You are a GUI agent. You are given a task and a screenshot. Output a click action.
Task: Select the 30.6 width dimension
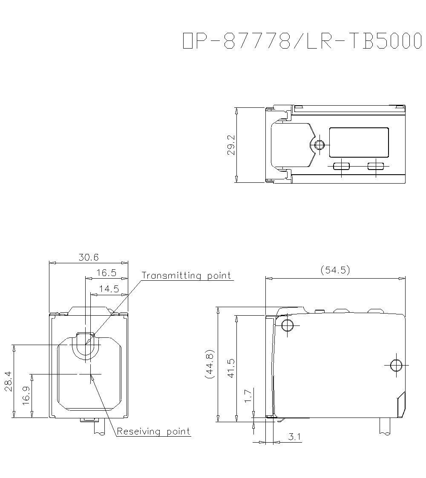[89, 257]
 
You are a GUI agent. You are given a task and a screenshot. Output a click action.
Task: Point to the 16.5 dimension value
[106, 273]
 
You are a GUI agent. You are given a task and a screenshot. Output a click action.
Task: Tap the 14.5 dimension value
[109, 289]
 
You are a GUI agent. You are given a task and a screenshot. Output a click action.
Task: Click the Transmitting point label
[186, 276]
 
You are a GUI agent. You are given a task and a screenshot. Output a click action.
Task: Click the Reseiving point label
[153, 432]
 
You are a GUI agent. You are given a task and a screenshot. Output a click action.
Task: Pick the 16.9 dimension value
[26, 396]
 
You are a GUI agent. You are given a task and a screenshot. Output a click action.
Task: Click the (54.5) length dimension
[335, 270]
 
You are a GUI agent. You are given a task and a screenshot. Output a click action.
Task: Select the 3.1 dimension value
[294, 437]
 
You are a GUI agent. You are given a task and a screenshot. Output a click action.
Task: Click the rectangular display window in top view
[359, 142]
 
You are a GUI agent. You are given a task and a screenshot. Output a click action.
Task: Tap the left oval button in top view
[341, 166]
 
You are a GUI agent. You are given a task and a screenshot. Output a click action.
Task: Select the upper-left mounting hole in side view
[287, 325]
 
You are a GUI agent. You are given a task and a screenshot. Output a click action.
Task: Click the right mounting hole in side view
[396, 365]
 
